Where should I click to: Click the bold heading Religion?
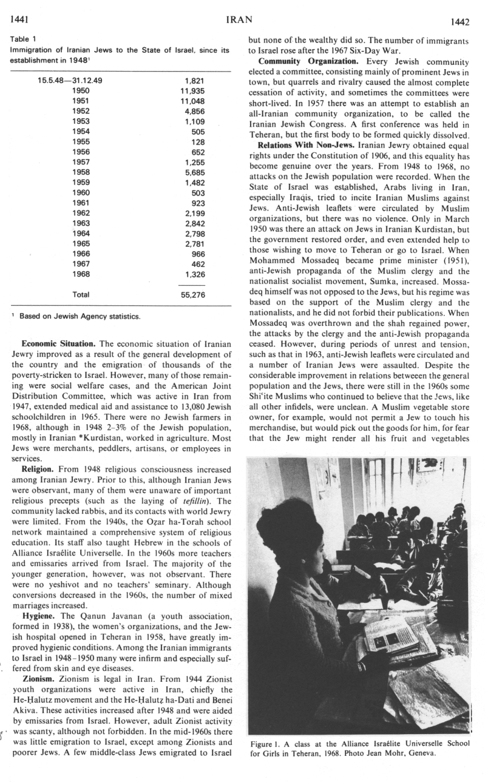(38, 470)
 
